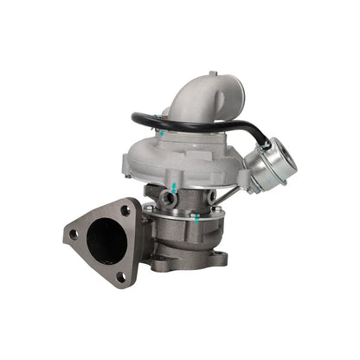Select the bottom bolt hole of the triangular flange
tap(120, 275)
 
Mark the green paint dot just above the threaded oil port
tap(176, 187)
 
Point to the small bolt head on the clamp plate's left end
tap(151, 208)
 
